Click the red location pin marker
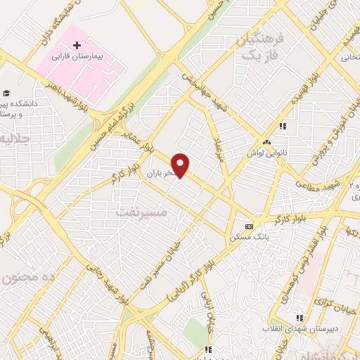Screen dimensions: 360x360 (181, 165)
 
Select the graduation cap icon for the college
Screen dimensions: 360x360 (6, 94)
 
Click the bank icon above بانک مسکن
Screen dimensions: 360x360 (250, 227)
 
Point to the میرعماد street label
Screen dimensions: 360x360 (219, 150)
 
